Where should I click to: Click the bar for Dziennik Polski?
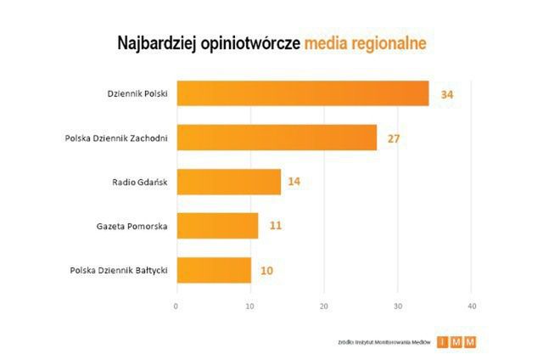click(x=302, y=93)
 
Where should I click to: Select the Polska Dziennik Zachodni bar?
click(x=277, y=138)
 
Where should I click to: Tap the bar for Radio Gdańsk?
click(x=228, y=182)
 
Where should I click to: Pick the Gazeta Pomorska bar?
click(x=217, y=226)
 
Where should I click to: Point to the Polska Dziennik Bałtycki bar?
click(x=214, y=270)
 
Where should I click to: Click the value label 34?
click(x=447, y=94)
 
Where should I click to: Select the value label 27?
click(x=394, y=138)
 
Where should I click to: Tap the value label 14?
click(x=294, y=182)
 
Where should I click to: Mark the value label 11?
click(x=275, y=226)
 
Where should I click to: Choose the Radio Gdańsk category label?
click(x=139, y=182)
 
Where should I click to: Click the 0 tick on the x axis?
click(x=176, y=306)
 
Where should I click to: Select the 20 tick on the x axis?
click(x=324, y=306)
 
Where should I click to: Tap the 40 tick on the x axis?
click(x=472, y=306)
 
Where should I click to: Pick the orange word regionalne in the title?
click(x=386, y=43)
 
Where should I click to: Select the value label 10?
click(x=267, y=271)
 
